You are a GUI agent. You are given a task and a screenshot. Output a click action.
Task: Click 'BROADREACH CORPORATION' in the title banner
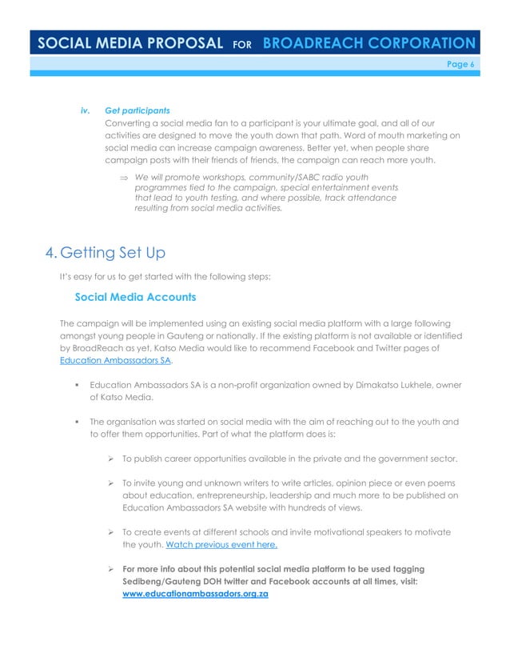click(369, 43)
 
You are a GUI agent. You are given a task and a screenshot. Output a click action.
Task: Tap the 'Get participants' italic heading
click(137, 110)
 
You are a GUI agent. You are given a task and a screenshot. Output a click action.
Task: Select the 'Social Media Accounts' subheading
click(136, 297)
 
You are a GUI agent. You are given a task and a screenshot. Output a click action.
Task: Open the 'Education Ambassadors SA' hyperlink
click(116, 360)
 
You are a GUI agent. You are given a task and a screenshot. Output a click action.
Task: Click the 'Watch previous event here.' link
click(221, 545)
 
